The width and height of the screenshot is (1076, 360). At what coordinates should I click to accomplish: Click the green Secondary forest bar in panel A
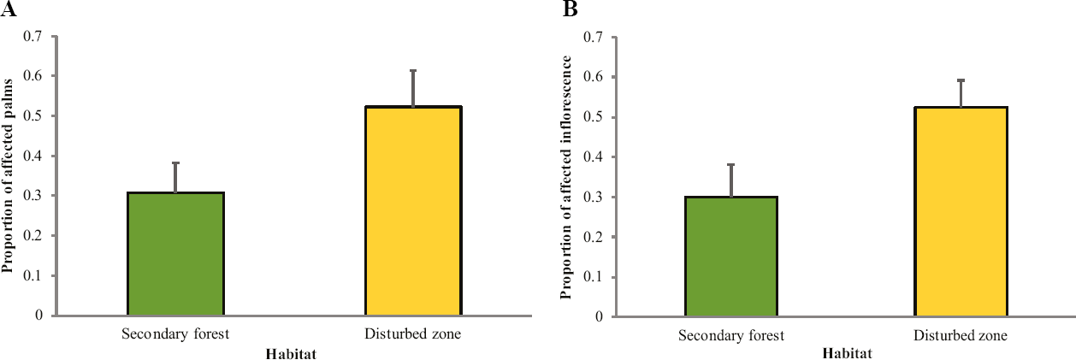[x=176, y=254]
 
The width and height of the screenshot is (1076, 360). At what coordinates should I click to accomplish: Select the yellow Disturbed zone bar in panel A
[x=413, y=210]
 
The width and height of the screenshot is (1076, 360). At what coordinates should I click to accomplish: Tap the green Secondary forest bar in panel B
[x=731, y=257]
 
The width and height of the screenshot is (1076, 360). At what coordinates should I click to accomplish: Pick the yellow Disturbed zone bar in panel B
[x=961, y=212]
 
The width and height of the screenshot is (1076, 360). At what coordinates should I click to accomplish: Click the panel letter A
[x=9, y=9]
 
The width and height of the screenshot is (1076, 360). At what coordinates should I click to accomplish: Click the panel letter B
[x=571, y=9]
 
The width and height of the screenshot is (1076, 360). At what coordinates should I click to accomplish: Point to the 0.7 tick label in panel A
[x=33, y=36]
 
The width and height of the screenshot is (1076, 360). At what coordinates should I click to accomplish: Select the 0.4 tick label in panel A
[x=33, y=156]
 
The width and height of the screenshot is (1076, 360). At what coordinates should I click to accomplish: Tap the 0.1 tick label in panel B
[x=593, y=277]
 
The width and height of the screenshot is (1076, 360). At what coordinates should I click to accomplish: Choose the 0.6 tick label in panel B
[x=593, y=77]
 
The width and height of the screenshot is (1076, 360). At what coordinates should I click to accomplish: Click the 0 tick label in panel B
[x=599, y=316]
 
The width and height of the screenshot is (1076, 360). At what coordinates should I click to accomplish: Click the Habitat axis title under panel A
[x=291, y=354]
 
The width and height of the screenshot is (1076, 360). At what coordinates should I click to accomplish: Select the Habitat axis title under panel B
[x=848, y=354]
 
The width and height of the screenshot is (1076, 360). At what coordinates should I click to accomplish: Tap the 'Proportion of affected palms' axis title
[x=8, y=175]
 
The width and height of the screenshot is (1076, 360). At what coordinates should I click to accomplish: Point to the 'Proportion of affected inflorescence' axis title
[x=566, y=177]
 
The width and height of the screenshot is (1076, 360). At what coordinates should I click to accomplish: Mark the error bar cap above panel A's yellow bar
[x=413, y=71]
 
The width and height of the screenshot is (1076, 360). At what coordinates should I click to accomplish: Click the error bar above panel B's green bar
[x=731, y=180]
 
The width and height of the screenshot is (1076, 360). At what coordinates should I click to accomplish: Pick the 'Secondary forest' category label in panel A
[x=175, y=333]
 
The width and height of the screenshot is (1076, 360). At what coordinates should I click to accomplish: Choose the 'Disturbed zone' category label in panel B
[x=961, y=335]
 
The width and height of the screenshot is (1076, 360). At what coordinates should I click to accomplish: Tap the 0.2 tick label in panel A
[x=33, y=236]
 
